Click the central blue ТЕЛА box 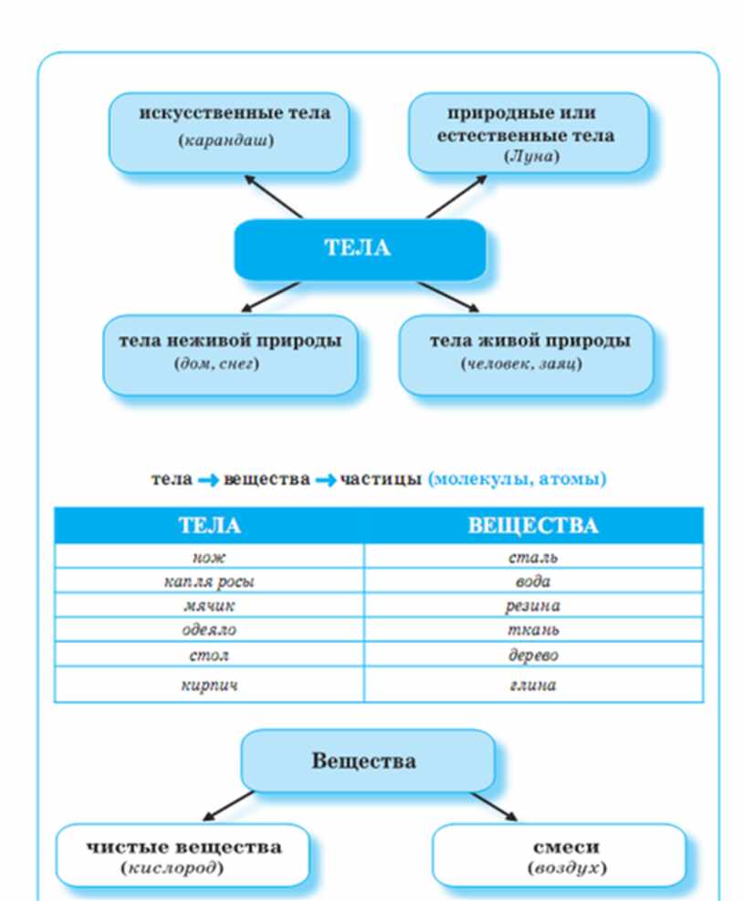pos(359,248)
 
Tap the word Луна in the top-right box pos(530,156)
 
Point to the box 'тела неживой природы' pos(230,354)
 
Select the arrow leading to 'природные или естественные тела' pos(457,195)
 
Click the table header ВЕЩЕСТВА pos(532,526)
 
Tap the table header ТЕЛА pos(209,526)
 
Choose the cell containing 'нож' pos(209,556)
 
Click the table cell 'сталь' pos(532,556)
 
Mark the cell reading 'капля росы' pos(209,581)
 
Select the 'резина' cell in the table pos(532,605)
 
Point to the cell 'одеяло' pos(209,630)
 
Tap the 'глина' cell pos(532,685)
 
